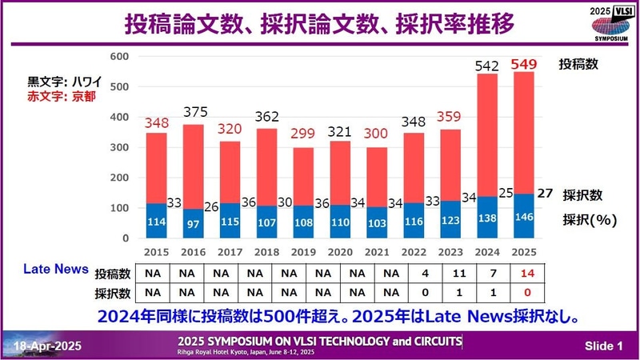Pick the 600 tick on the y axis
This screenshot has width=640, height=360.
[x=118, y=57]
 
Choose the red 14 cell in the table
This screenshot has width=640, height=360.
[x=525, y=273]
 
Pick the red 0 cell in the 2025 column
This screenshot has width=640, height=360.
[x=525, y=292]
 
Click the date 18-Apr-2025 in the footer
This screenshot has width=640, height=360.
[x=48, y=346]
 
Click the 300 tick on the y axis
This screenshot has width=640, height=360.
[x=118, y=147]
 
